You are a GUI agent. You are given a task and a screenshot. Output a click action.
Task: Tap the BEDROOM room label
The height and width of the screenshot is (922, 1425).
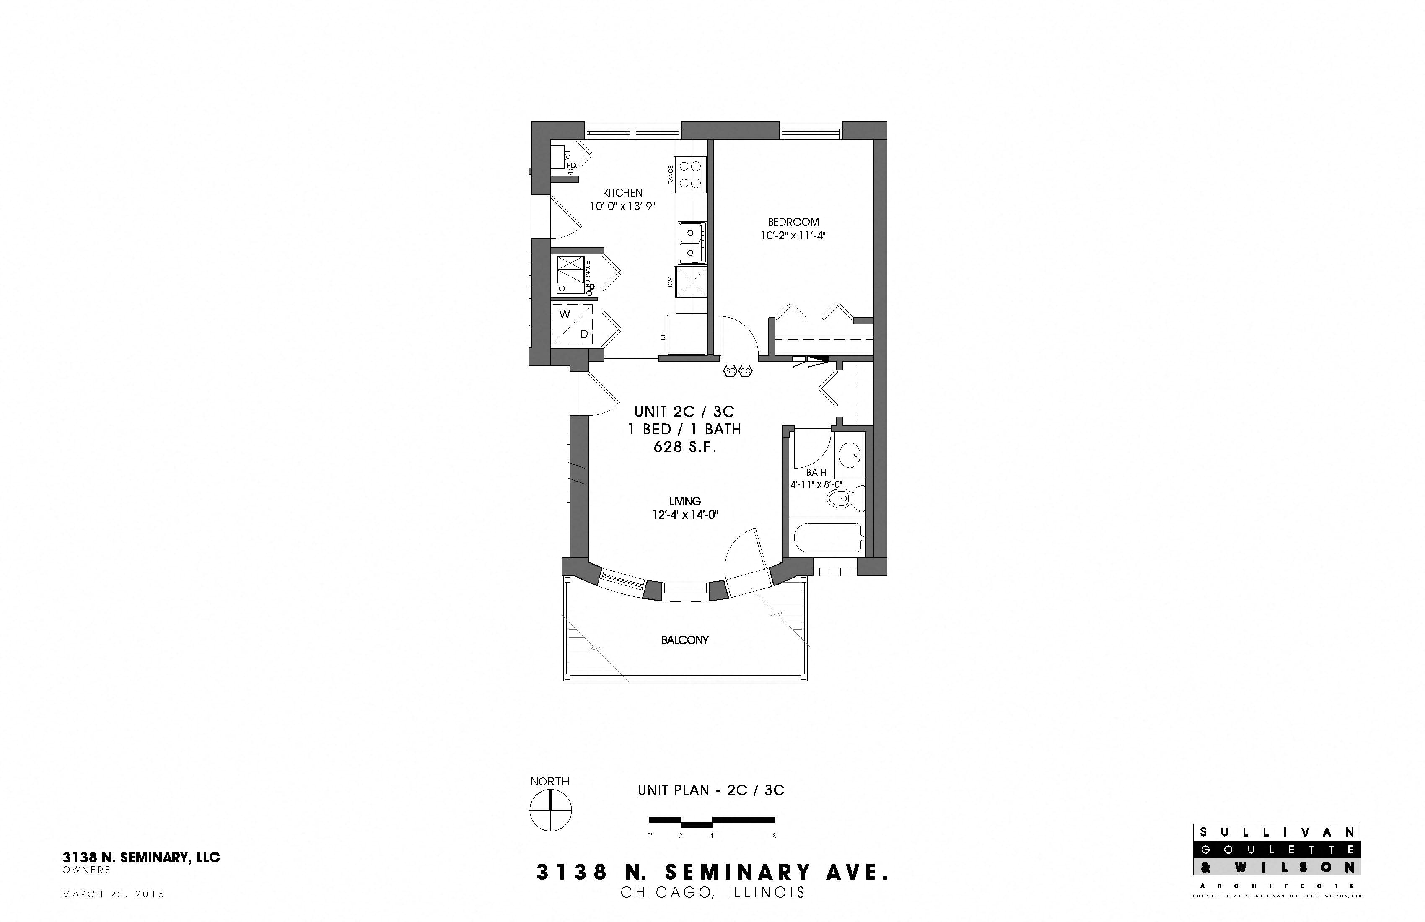pyautogui.click(x=793, y=222)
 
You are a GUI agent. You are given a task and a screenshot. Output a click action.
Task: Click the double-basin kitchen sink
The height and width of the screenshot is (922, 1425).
pyautogui.click(x=692, y=243)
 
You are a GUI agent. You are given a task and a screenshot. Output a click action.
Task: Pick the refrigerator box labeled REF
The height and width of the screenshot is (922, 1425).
pyautogui.click(x=687, y=335)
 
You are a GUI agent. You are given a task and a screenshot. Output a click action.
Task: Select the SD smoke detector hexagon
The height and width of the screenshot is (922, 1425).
pyautogui.click(x=730, y=371)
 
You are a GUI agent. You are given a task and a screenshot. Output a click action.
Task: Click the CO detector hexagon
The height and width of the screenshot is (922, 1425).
pyautogui.click(x=746, y=371)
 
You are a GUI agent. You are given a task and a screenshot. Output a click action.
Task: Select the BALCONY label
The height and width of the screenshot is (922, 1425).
pyautogui.click(x=684, y=640)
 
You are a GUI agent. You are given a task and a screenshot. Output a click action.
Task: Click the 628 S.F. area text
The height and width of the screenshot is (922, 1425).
pyautogui.click(x=684, y=447)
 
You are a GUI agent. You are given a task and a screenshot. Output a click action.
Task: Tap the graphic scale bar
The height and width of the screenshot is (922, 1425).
pyautogui.click(x=712, y=821)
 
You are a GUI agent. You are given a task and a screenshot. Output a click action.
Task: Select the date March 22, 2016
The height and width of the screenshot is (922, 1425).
pyautogui.click(x=113, y=894)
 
